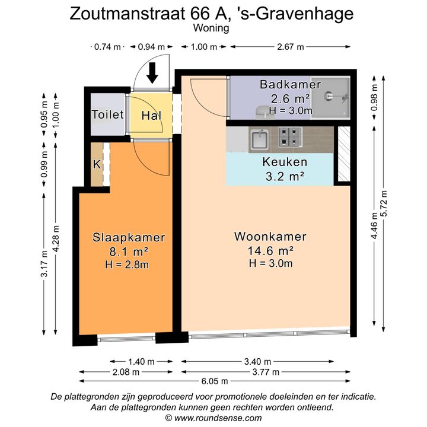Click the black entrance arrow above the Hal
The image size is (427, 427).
coord(152,73)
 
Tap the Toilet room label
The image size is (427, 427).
coord(108,114)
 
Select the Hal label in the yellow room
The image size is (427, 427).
coord(151,116)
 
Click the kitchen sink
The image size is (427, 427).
coord(260,139)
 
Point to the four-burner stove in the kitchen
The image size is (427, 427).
coord(290,137)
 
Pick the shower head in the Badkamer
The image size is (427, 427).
coord(329,96)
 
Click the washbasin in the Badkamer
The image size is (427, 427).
coord(262,112)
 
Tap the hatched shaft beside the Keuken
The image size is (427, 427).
coord(344,154)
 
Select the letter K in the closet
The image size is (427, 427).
coord(97,164)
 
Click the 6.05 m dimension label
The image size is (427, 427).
coord(215,381)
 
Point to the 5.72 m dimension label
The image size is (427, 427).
coord(384,203)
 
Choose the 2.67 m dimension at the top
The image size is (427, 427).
coord(290,47)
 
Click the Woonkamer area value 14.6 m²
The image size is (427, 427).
coord(270,251)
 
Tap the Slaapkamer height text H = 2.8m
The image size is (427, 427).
coord(127,265)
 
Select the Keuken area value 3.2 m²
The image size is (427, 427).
coord(285,177)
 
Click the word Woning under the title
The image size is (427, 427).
coord(211,28)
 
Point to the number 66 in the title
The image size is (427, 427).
coord(200,14)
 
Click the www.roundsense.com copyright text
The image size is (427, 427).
coord(218,418)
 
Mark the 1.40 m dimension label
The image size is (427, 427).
coord(141,362)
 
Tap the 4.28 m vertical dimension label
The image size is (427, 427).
coord(56,239)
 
